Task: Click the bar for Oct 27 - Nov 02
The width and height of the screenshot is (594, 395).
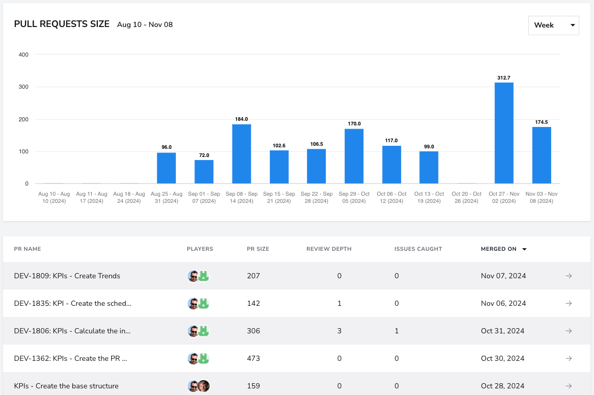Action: (504, 133)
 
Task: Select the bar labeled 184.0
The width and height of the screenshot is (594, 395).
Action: (241, 154)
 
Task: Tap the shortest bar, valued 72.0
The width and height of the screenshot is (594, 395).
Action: (204, 172)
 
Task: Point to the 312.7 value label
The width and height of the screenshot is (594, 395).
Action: (504, 77)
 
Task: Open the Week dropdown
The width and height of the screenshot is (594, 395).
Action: (554, 25)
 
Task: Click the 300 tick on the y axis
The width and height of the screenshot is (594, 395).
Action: (23, 87)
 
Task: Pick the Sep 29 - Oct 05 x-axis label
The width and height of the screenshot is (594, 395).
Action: (354, 197)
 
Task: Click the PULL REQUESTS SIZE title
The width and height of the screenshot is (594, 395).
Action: (62, 24)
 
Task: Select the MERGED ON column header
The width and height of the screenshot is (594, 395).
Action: (499, 249)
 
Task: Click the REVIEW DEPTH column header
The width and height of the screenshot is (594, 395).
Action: (329, 249)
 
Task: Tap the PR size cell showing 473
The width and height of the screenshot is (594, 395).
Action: (253, 358)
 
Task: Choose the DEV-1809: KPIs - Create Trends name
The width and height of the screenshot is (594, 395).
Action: (67, 276)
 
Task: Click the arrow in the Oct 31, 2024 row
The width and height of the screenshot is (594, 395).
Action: (569, 331)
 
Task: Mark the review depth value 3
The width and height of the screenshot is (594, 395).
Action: (340, 331)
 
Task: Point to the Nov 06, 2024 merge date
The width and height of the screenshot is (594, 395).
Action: (503, 303)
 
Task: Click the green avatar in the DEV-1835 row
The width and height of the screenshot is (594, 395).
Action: (204, 303)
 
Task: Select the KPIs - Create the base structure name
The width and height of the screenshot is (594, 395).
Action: (66, 386)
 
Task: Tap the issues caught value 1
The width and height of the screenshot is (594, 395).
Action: (397, 331)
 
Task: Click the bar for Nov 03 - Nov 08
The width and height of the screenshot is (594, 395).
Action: (541, 155)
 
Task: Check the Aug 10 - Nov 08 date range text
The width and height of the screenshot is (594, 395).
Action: (145, 24)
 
